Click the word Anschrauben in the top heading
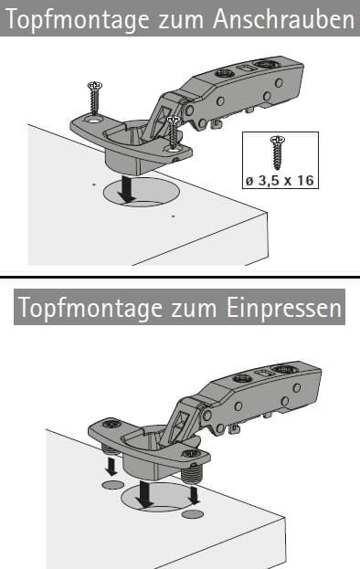[283, 18]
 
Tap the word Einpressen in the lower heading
[284, 308]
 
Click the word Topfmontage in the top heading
[78, 20]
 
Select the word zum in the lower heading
[193, 310]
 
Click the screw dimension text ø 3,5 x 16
[280, 180]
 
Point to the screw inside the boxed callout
[278, 153]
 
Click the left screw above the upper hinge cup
[95, 97]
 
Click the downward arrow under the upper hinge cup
[126, 189]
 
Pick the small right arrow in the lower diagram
[194, 495]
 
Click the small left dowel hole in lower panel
[112, 484]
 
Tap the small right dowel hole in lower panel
[193, 513]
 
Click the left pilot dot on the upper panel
[94, 184]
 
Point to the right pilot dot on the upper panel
[173, 216]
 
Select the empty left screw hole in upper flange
[93, 119]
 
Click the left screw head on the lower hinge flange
[111, 424]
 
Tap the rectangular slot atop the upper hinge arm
[245, 68]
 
